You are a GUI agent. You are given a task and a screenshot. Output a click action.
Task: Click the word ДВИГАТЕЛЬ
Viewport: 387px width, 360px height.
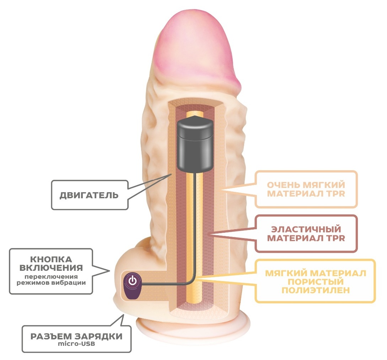(x=89, y=195)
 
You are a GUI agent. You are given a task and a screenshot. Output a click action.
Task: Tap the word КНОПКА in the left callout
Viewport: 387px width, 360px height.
(x=51, y=259)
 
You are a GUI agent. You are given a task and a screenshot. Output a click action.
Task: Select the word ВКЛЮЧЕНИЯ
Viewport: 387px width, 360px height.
(x=51, y=268)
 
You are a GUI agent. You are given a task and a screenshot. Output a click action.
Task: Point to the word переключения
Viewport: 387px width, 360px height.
(x=51, y=276)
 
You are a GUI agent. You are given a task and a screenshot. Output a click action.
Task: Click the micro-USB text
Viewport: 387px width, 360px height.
(x=76, y=344)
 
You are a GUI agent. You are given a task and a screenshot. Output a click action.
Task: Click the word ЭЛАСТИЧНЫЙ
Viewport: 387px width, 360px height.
(x=306, y=229)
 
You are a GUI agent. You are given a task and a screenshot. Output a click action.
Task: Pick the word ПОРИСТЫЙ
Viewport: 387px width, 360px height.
(x=316, y=281)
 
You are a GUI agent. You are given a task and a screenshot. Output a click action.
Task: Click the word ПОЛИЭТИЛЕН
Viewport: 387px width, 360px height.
(x=316, y=290)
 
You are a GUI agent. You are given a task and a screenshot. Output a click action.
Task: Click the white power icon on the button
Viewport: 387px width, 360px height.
(x=133, y=280)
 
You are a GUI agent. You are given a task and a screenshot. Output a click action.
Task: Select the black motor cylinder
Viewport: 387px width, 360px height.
(x=195, y=144)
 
